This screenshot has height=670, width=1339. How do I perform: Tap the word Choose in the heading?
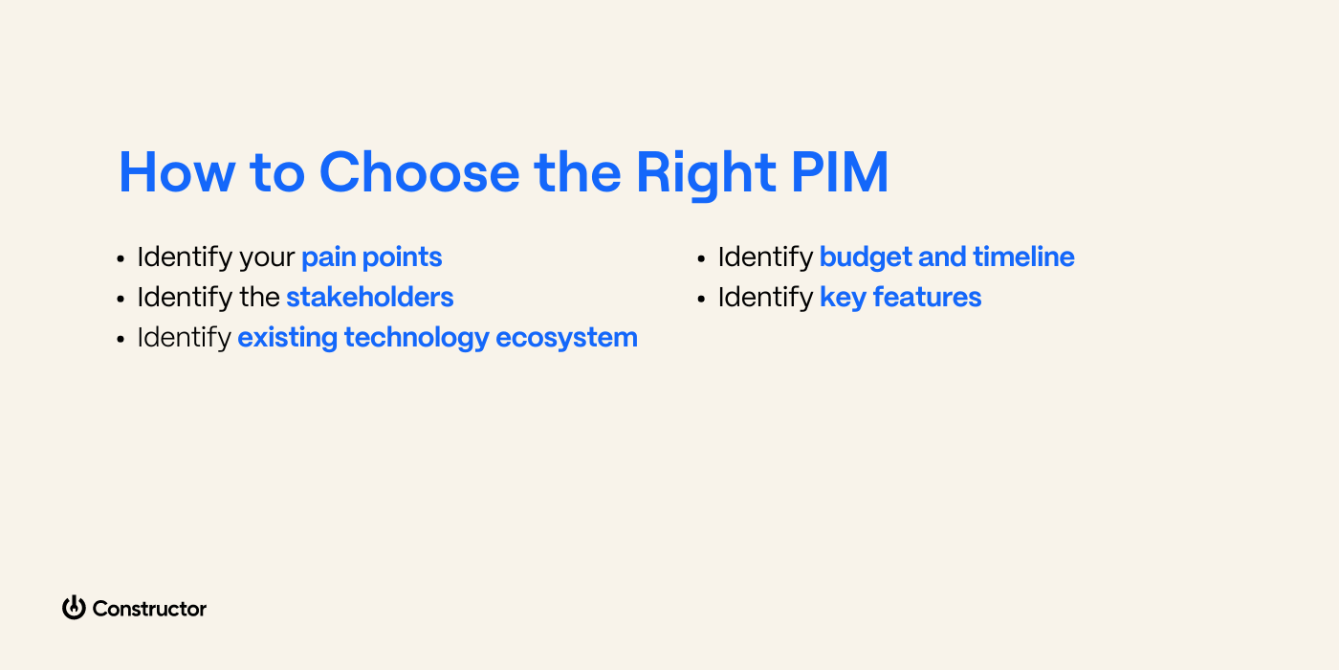click(419, 172)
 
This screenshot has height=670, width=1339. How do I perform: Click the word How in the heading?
click(177, 172)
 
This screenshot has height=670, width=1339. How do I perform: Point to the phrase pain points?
click(371, 257)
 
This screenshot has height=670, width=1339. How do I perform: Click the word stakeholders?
click(369, 298)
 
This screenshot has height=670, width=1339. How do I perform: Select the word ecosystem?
click(566, 338)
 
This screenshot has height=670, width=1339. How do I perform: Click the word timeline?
click(1023, 257)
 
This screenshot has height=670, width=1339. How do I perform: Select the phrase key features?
click(900, 298)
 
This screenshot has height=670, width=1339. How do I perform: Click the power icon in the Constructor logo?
click(74, 608)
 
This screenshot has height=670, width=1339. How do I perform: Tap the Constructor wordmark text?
click(149, 609)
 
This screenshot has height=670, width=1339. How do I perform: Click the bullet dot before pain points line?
click(121, 259)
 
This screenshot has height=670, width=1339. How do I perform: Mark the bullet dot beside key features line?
click(702, 300)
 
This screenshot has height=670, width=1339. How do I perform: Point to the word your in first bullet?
click(267, 258)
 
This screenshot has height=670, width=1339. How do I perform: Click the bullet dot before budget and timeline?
click(702, 259)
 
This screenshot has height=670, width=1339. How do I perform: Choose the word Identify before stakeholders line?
click(185, 298)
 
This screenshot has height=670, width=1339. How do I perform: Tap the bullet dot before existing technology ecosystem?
click(121, 340)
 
